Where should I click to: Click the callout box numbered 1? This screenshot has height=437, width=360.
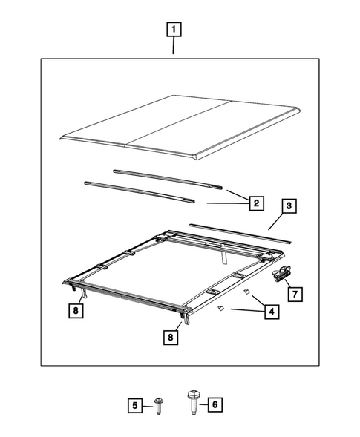pos(174,30)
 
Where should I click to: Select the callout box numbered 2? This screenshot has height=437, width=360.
pos(255,202)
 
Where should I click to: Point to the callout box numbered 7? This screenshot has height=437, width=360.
pos(293,295)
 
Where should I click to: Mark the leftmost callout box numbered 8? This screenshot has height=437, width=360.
pos(75,311)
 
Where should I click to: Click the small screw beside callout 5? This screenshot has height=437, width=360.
pos(157,404)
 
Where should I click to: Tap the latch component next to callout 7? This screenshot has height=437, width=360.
pos(281,276)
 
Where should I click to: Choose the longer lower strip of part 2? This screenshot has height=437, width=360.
pos(139,190)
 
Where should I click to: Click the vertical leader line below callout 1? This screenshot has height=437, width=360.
pos(174,47)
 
